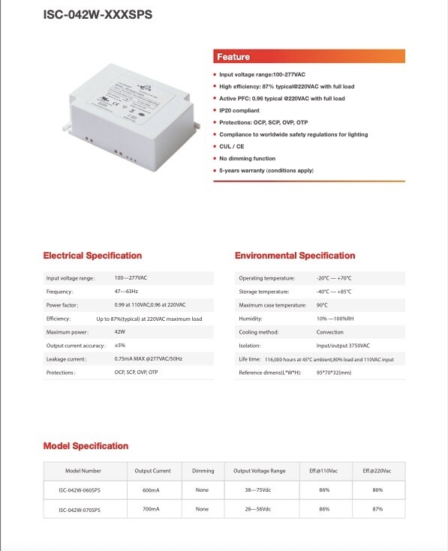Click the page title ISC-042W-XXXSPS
pos(97,13)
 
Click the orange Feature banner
pos(308,57)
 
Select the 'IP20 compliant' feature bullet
pos(240,110)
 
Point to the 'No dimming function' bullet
pos(247,159)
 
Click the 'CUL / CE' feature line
pos(233,147)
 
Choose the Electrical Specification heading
pos(92,256)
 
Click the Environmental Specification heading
pos(295,256)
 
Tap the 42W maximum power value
pos(120,332)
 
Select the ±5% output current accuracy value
pos(119,346)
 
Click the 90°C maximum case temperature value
pos(322,305)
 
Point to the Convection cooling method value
pos(331,332)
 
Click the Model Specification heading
pos(86,446)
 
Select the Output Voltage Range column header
pos(260,471)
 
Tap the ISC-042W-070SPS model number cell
pos(80,509)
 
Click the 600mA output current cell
pos(154,490)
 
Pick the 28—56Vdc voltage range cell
pos(260,509)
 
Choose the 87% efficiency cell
pos(377,509)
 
